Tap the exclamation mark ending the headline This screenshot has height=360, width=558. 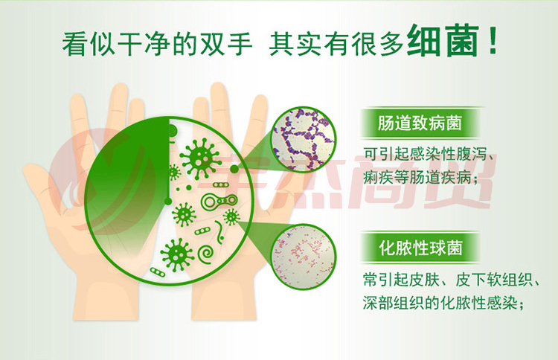(493, 41)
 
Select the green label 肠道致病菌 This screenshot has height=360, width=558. (420, 123)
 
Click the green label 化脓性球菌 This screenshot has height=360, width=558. (420, 248)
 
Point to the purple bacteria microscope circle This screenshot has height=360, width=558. (304, 139)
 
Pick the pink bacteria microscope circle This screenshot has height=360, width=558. (304, 256)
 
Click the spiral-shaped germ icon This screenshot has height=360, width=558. (205, 254)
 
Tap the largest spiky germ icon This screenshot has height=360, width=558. (199, 158)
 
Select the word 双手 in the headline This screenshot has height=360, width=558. (225, 44)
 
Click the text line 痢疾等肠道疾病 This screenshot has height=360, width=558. (420, 177)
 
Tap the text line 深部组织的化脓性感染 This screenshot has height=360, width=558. (443, 303)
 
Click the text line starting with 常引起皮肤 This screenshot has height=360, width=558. (452, 280)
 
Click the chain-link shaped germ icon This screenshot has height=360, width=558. (219, 202)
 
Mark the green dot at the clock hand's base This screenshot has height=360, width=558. (167, 202)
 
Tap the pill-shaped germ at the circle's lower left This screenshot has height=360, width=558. (157, 272)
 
